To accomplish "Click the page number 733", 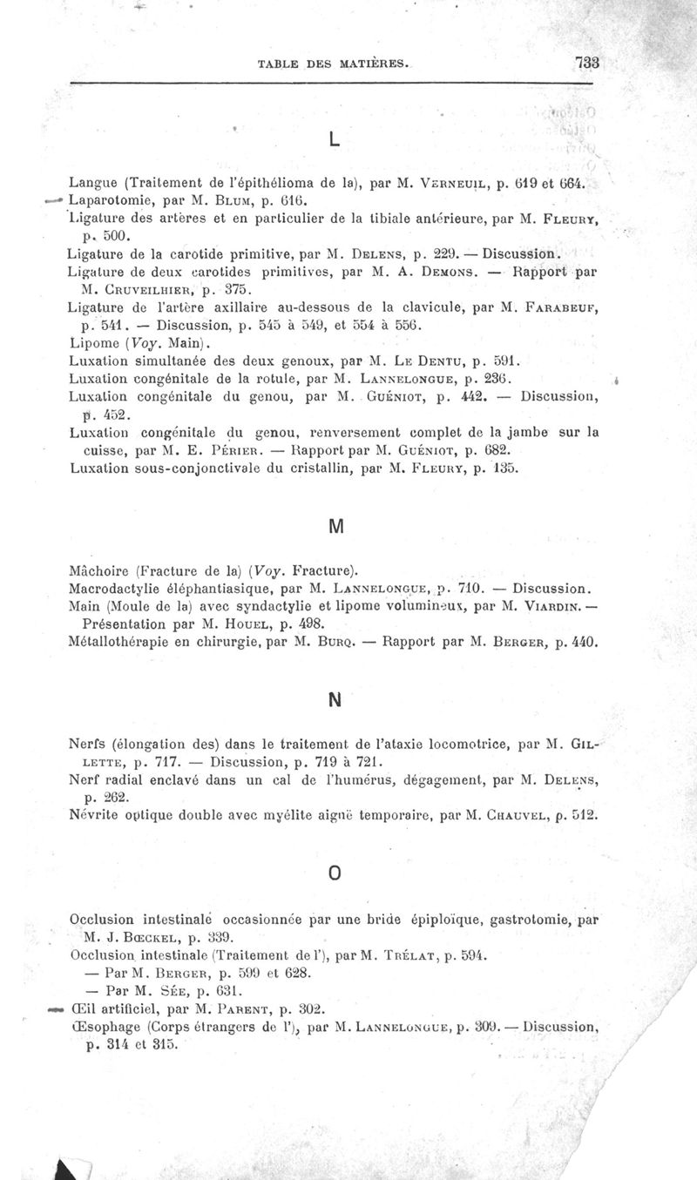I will click(588, 62).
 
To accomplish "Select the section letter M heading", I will click(336, 527).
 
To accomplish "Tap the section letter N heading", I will click(335, 699).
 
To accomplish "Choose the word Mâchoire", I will click(99, 572).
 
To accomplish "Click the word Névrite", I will click(91, 817).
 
